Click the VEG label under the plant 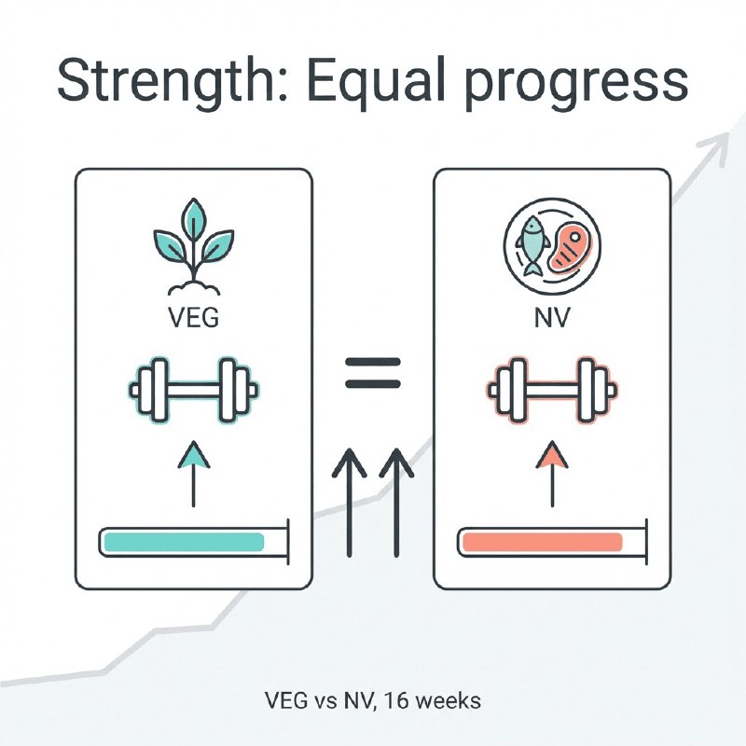(x=194, y=317)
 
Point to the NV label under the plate (x=552, y=317)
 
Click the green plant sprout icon (x=194, y=246)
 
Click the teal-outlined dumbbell (x=194, y=390)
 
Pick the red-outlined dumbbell (x=552, y=390)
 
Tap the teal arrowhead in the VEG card (x=194, y=455)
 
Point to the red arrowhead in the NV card (x=552, y=455)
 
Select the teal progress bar (x=184, y=543)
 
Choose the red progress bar (x=543, y=543)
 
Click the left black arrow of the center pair (x=349, y=503)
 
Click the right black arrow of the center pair (x=396, y=503)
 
